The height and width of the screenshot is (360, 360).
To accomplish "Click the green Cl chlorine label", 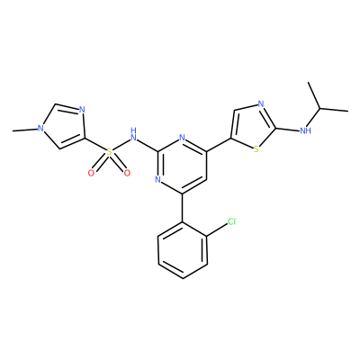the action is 231,221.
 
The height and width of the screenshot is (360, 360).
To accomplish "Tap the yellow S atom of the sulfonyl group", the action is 109,153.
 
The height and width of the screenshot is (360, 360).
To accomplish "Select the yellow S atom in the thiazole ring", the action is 256,149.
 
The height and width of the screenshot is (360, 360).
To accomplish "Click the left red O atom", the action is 91,173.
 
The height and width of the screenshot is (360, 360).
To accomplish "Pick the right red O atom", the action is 127,173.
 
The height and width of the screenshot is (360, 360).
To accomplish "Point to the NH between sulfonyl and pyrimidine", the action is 133,135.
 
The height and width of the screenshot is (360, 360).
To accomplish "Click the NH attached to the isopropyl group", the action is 306,130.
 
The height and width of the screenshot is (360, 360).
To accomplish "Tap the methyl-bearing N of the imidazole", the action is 40,129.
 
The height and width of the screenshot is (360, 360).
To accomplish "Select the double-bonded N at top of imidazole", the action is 82,109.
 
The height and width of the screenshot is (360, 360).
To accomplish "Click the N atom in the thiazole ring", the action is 261,104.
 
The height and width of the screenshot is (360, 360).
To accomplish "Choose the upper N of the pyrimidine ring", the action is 182,139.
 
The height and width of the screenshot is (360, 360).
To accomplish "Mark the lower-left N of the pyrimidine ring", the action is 158,180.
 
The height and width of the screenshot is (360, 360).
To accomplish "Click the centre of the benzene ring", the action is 183,251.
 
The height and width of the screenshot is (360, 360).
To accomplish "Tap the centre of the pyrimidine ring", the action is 182,166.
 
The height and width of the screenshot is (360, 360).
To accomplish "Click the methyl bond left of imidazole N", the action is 25,130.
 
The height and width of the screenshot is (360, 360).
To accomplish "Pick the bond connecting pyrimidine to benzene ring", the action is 183,208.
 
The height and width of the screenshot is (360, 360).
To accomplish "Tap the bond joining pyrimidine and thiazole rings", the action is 219,145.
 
